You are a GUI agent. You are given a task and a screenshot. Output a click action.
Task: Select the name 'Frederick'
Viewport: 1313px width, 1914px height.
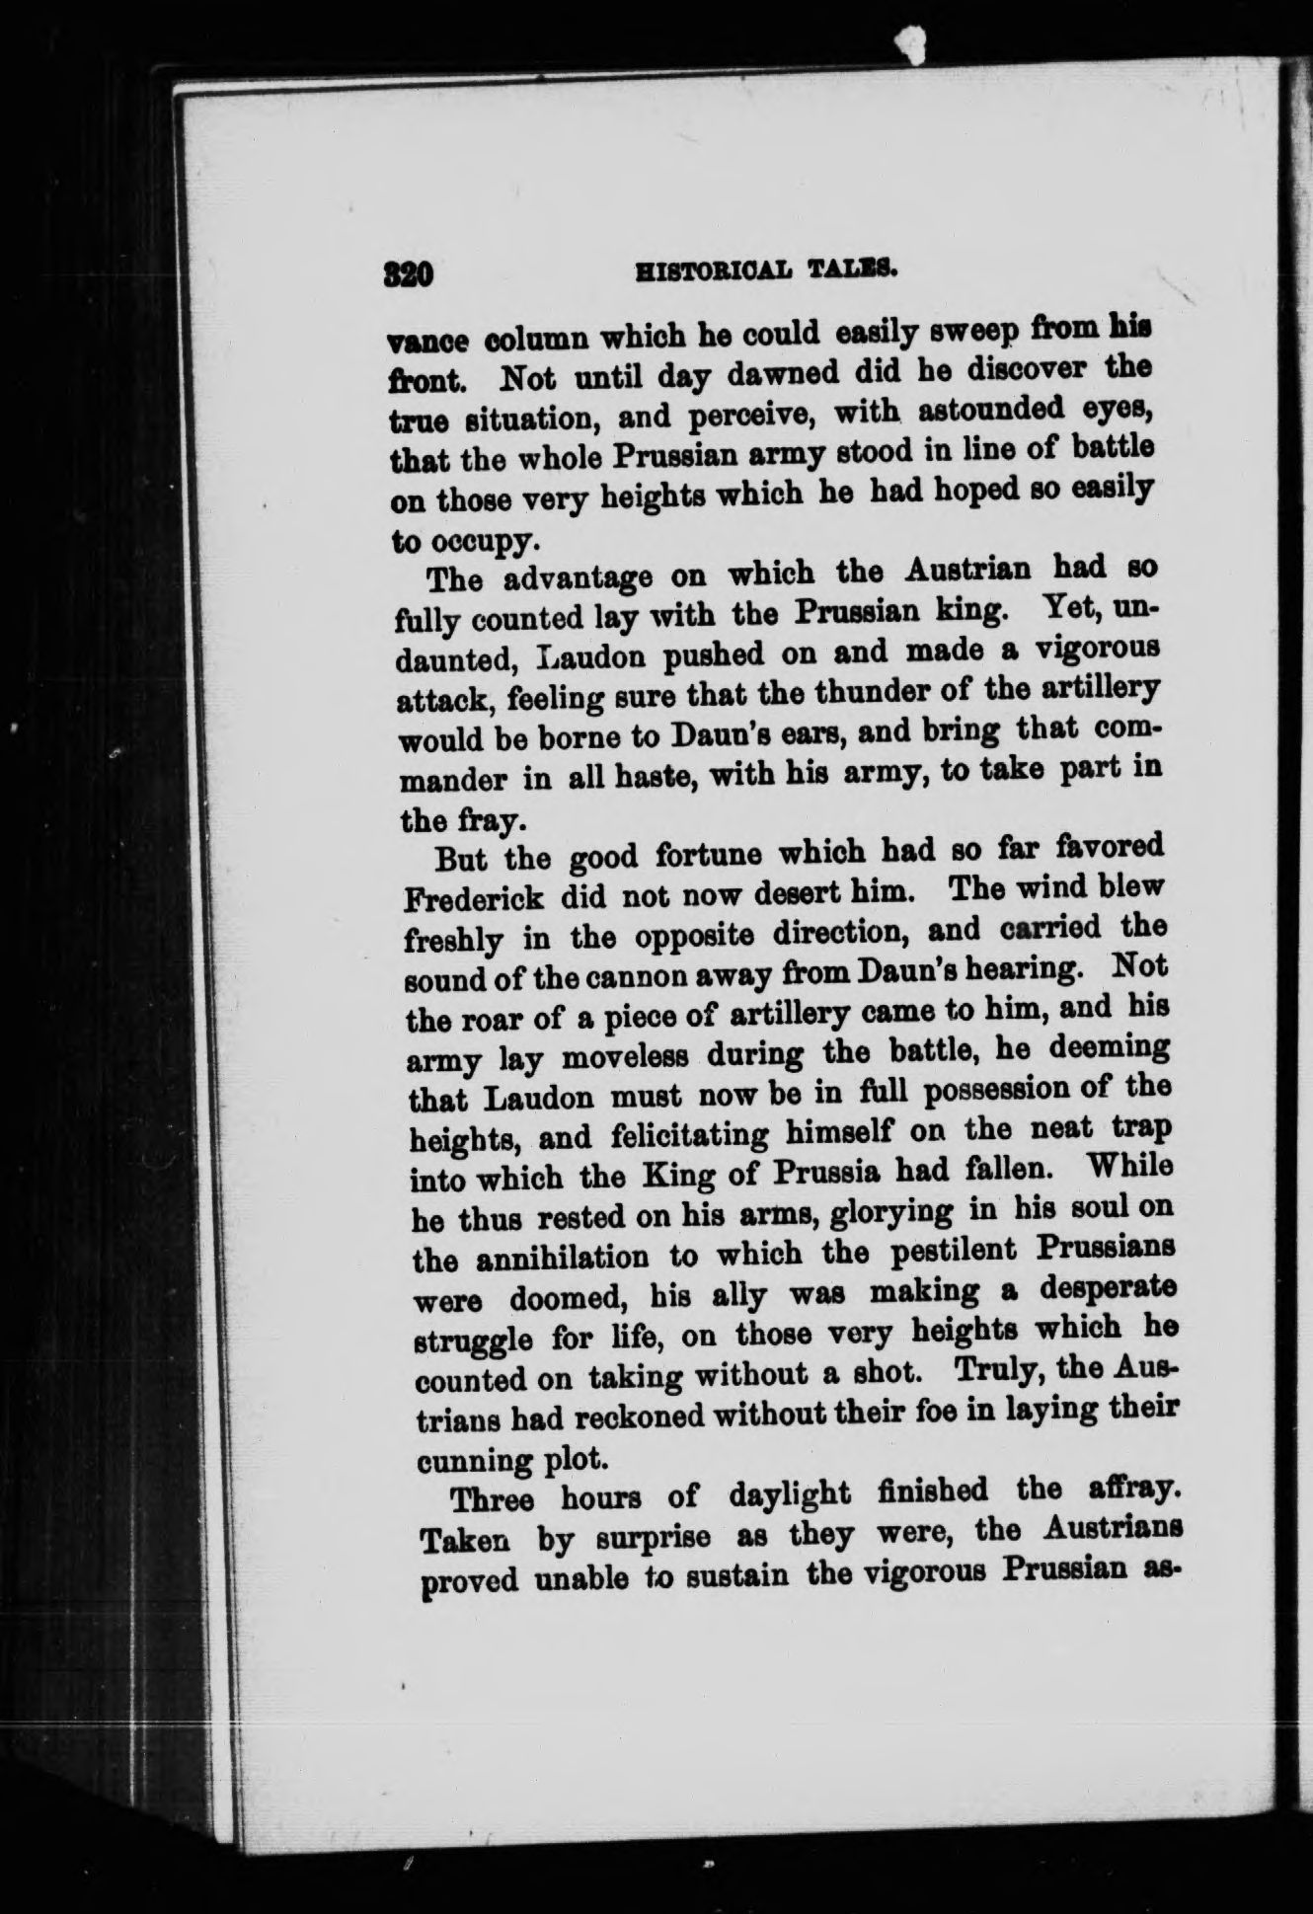(474, 899)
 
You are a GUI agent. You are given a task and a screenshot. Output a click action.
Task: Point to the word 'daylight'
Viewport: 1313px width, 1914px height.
(790, 1494)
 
